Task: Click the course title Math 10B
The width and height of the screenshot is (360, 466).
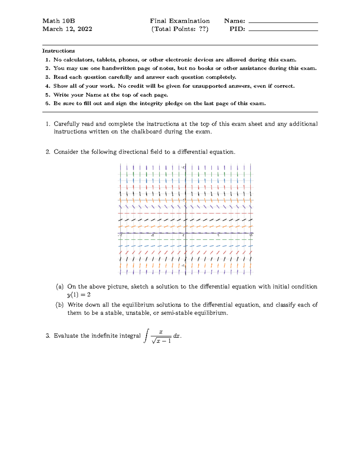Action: click(58, 21)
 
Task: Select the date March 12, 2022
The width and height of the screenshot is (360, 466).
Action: click(67, 29)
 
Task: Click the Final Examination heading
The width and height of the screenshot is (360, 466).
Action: click(180, 21)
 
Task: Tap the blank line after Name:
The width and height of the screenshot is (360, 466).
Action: click(283, 22)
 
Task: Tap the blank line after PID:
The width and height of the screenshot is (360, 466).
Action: click(283, 30)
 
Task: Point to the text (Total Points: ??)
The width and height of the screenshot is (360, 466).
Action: click(180, 29)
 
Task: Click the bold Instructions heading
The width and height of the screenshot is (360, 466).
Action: click(58, 51)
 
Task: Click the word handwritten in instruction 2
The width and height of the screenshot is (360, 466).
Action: click(119, 68)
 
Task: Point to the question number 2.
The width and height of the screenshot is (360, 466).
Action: click(48, 152)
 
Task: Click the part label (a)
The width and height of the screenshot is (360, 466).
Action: click(60, 287)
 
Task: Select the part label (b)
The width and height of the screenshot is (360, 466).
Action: click(60, 305)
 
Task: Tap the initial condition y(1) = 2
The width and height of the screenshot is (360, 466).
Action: click(79, 295)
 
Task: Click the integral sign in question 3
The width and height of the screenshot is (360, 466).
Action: click(146, 335)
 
